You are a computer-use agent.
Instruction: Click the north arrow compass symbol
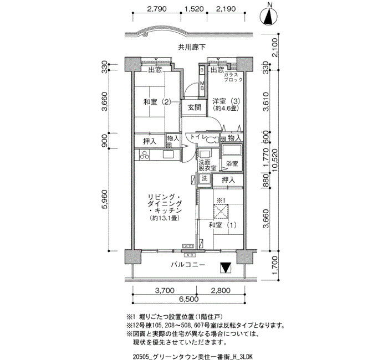click(x=269, y=16)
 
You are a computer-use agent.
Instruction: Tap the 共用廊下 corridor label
click(x=192, y=47)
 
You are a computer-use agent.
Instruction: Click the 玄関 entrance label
click(x=194, y=107)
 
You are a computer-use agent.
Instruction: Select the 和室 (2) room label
click(x=157, y=101)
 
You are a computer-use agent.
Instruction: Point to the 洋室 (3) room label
click(x=226, y=101)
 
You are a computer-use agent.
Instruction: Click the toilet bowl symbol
click(x=212, y=140)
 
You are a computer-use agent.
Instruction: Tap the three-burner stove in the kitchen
click(x=145, y=155)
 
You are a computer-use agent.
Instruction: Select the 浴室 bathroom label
click(x=232, y=163)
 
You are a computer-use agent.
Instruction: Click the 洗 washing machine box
click(x=204, y=178)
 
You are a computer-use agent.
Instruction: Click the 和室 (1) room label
click(x=222, y=225)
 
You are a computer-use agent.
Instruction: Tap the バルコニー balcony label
click(x=188, y=265)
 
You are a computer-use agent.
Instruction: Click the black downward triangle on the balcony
click(x=226, y=268)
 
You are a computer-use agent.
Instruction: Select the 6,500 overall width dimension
click(x=189, y=299)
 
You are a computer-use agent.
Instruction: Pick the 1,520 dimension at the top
click(x=194, y=9)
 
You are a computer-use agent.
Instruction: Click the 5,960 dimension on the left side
click(x=104, y=199)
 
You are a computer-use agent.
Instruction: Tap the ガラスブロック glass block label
click(x=233, y=77)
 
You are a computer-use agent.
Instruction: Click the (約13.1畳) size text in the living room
click(x=164, y=218)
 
